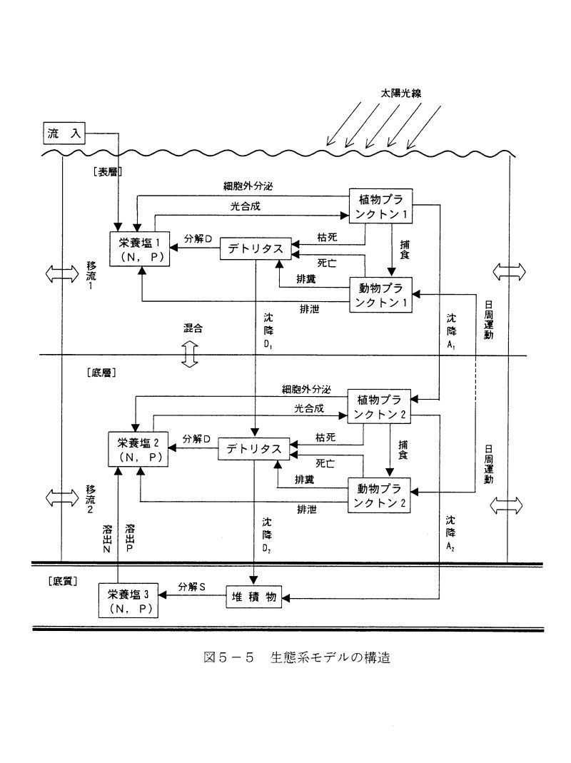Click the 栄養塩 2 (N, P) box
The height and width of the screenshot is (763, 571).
[139, 450]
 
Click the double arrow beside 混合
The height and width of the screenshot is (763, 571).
[189, 353]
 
